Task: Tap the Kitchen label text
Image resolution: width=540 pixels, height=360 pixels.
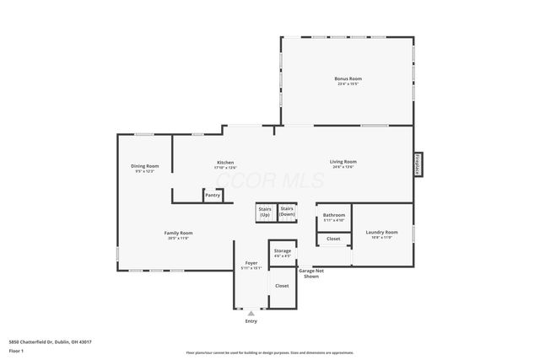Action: (x=224, y=164)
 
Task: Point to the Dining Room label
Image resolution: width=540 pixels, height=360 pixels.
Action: (x=144, y=168)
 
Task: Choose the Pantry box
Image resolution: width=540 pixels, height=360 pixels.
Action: (x=213, y=196)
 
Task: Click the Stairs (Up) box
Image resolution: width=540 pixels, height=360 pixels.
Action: (x=265, y=212)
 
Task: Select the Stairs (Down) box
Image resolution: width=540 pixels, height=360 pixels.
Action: (x=287, y=212)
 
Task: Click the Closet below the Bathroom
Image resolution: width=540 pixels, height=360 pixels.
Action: (x=333, y=239)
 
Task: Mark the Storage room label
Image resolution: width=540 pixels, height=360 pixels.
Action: (x=283, y=252)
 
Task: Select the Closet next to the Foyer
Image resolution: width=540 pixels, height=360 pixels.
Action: (x=282, y=285)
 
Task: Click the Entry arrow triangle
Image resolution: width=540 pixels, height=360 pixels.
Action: (x=251, y=313)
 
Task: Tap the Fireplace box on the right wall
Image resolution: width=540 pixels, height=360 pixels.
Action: (x=418, y=164)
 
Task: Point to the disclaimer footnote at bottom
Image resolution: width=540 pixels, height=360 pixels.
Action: (x=269, y=353)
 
